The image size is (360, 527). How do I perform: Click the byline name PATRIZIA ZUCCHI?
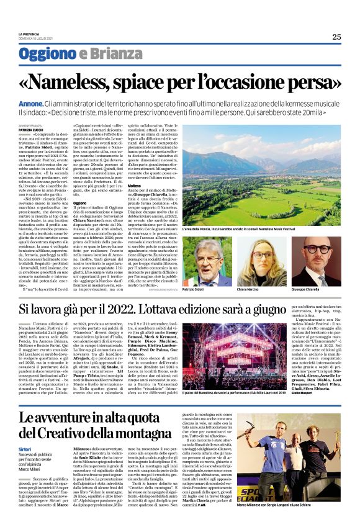pyautogui.click(x=32, y=128)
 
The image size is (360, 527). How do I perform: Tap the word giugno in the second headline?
pyautogui.click(x=304, y=308)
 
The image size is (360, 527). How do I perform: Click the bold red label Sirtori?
pyautogui.click(x=27, y=448)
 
